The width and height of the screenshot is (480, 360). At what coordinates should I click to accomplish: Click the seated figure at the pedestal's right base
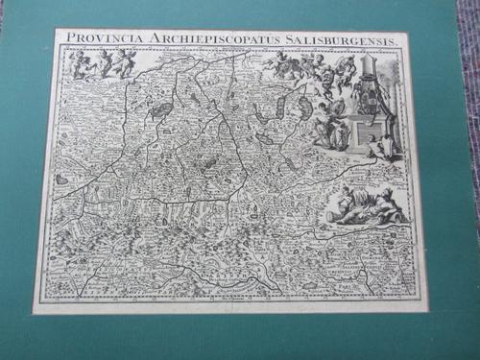386,145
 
